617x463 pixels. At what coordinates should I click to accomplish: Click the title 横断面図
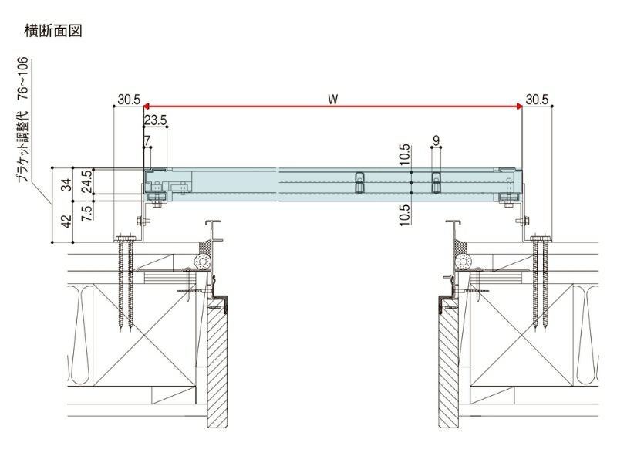pos(54,32)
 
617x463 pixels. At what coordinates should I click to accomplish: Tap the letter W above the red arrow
pos(332,99)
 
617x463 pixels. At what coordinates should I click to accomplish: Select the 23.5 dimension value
pos(155,120)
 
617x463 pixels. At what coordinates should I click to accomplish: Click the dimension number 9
pos(437,140)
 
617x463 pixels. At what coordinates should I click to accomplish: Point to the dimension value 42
pos(66,221)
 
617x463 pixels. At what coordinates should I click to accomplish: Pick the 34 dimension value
pos(66,184)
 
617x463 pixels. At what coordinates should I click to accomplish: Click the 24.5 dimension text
pos(86,180)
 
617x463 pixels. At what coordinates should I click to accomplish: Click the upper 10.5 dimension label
pos(403,154)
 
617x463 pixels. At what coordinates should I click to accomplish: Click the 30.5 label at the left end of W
pos(129,99)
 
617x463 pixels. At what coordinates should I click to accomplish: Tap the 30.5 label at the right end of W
pos(537,99)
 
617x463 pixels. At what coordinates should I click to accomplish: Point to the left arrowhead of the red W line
pos(147,107)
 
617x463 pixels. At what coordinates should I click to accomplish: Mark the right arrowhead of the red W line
pos(519,107)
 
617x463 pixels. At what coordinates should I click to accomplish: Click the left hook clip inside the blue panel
pos(359,181)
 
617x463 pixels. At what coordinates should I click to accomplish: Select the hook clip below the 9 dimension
pos(437,181)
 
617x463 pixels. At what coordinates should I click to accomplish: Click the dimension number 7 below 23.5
pos(147,140)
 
